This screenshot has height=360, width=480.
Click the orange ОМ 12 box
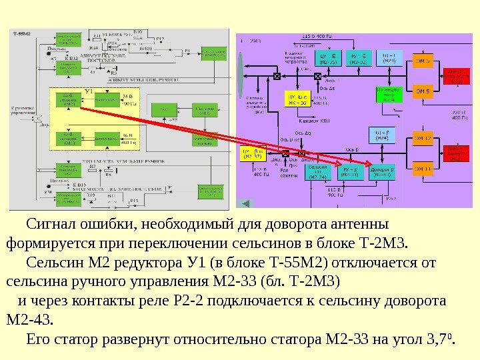pyautogui.click(x=425, y=139)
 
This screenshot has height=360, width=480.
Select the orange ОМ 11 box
pyautogui.click(x=425, y=169)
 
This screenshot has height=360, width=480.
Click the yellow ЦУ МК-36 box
pyautogui.click(x=297, y=99)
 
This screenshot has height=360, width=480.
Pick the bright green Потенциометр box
pyautogui.click(x=389, y=95)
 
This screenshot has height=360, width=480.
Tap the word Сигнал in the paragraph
pyautogui.click(x=51, y=222)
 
